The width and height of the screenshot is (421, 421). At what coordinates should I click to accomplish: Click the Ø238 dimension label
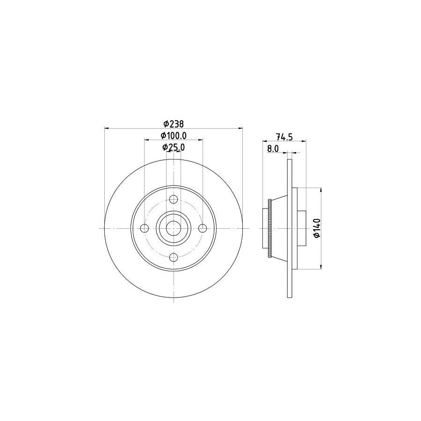coord(174,123)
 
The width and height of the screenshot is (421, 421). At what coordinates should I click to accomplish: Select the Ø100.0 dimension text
coord(174,136)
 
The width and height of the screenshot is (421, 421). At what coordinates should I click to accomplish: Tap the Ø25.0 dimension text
coord(174,147)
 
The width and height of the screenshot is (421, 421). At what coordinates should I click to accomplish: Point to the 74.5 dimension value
coord(284,137)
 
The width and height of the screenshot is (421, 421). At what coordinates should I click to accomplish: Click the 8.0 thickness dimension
coord(273,149)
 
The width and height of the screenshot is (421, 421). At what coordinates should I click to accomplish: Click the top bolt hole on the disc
coord(174,200)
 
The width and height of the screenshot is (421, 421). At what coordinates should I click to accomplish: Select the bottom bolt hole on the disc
coord(174,257)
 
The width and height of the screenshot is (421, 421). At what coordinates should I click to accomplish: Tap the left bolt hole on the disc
coord(145,228)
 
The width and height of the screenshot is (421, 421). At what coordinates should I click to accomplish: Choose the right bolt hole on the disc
coord(202,228)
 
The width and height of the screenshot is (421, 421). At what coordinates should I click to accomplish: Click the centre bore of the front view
coord(174,228)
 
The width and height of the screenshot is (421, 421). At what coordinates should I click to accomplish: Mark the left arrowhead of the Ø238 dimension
coord(106,127)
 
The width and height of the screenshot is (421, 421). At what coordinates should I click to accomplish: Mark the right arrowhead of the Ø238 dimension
coord(241,127)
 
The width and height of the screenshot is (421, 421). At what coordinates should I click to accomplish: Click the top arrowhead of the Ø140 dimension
coord(321,189)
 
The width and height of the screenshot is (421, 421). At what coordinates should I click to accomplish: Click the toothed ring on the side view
coord(269,228)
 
